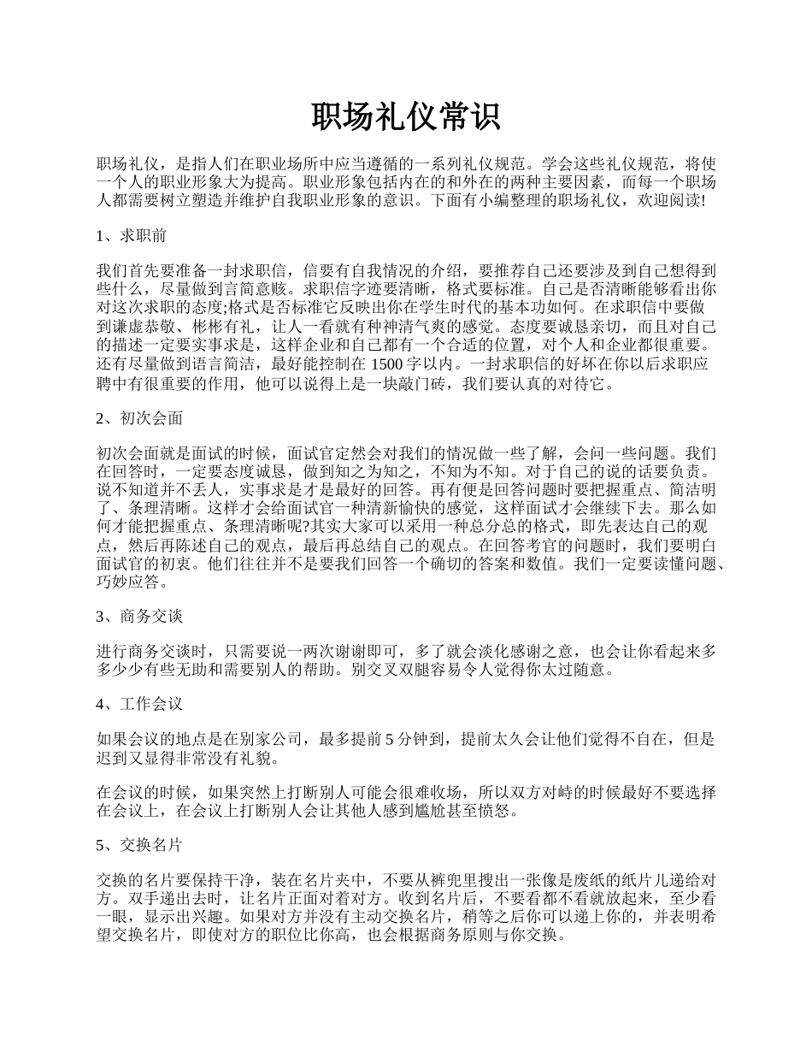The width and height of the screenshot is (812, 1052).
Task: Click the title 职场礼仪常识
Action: [405, 117]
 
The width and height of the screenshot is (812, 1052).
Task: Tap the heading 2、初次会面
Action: [138, 418]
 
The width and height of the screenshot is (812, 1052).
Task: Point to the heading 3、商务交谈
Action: [138, 616]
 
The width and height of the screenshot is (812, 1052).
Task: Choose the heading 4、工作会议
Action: [138, 704]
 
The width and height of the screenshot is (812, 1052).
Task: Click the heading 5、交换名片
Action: [138, 844]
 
